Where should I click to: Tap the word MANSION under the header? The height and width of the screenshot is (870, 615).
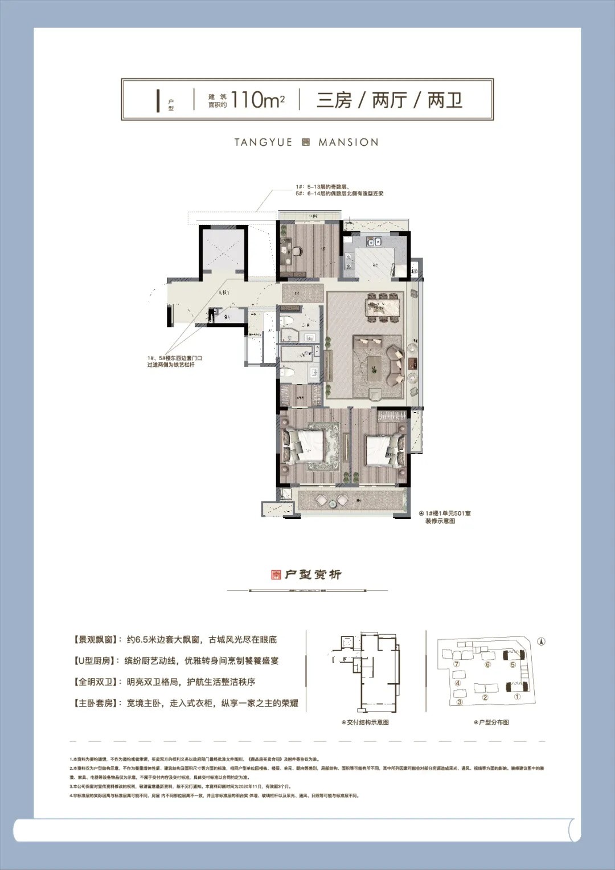(348, 142)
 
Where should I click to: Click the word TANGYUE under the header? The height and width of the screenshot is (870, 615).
(263, 142)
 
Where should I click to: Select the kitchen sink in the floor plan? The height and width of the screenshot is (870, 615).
(374, 242)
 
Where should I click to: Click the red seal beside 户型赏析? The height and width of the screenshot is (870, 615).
(276, 574)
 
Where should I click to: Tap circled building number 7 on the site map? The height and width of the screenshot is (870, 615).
(456, 664)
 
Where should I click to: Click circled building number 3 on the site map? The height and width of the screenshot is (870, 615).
(460, 702)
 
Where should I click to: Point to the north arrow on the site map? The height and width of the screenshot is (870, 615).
(542, 642)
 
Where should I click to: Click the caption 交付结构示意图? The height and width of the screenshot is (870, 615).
(367, 722)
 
